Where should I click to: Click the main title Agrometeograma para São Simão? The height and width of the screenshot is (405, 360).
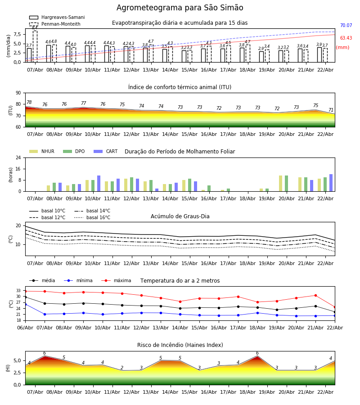click(180, 8)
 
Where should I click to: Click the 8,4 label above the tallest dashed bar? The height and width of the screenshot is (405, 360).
click(35, 28)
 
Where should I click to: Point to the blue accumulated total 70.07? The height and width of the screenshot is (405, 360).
click(346, 26)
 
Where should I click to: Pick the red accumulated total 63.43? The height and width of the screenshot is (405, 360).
click(346, 38)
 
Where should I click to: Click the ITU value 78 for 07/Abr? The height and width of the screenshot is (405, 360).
click(29, 103)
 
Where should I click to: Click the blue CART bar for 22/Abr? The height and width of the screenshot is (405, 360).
click(331, 183)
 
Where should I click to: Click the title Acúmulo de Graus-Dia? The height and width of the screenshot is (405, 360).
click(180, 216)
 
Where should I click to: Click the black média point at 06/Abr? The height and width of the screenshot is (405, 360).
click(25, 297)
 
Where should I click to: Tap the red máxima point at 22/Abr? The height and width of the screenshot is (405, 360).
click(334, 307)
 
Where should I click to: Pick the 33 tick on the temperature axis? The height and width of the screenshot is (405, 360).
click(18, 291)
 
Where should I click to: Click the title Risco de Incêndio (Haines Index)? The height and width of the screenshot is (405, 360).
click(180, 345)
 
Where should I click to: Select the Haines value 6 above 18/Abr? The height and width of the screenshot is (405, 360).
click(257, 353)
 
